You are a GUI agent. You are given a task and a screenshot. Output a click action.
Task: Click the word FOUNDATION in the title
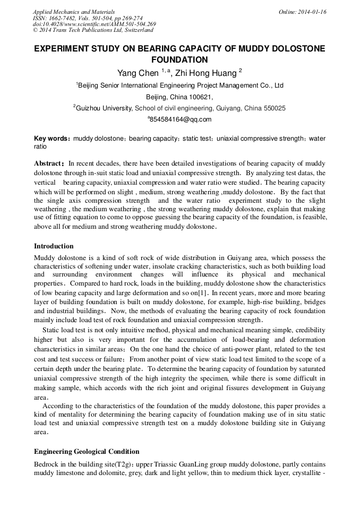tap(179, 60)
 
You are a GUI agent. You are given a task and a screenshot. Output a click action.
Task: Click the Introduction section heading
tap(54, 246)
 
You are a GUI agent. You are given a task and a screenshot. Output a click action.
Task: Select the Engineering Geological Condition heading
tap(87, 452)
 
